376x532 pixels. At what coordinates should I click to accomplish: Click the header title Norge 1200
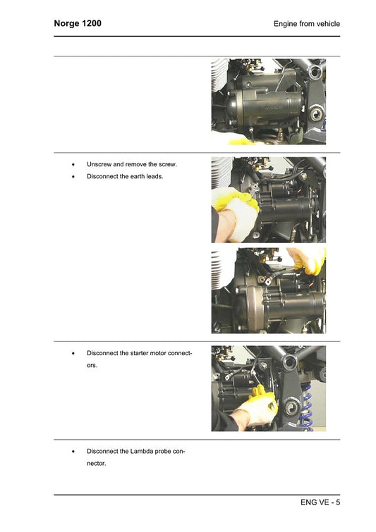(78, 23)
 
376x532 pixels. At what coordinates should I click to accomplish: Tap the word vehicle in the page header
(327, 24)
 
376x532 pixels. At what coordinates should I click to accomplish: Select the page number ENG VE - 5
(320, 502)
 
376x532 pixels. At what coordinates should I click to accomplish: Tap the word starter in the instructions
(141, 352)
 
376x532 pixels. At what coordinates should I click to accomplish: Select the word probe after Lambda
(166, 451)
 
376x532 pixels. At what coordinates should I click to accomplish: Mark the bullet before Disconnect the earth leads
(73, 177)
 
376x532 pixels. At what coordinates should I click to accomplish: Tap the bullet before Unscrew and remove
(73, 165)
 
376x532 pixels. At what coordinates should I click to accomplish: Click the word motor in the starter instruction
(164, 352)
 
